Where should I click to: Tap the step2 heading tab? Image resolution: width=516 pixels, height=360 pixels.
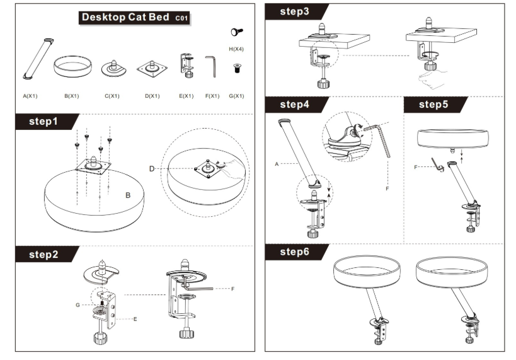point(43,254)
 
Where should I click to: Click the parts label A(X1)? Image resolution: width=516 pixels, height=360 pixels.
point(30,96)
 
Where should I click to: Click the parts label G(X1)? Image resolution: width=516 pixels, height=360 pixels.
point(236,96)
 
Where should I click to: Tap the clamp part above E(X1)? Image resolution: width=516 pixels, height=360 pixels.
point(186,65)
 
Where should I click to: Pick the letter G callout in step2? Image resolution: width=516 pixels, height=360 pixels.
point(77,305)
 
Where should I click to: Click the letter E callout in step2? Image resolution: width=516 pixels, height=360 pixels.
point(135,319)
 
